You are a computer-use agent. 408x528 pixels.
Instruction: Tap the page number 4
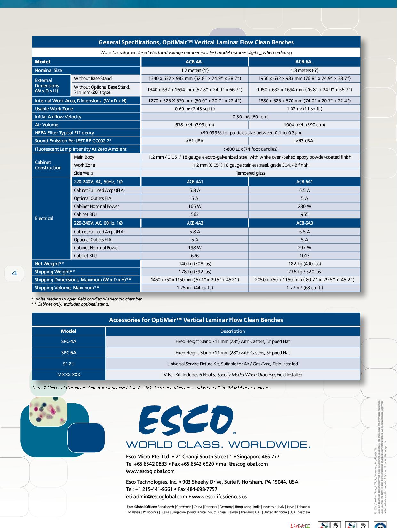click(x=14, y=273)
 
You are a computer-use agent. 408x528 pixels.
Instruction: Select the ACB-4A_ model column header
click(x=195, y=62)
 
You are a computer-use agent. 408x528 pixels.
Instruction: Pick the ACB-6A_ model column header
click(x=304, y=62)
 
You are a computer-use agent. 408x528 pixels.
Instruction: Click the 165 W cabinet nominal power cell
click(x=195, y=206)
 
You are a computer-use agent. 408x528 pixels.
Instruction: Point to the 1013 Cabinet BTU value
click(x=304, y=256)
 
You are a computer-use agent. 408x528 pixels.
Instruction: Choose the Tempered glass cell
click(x=251, y=173)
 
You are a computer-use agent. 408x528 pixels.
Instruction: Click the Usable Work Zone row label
click(x=54, y=109)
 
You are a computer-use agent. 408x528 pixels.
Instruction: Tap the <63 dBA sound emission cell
click(x=304, y=141)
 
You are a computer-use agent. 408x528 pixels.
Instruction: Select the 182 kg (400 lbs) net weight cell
click(x=304, y=264)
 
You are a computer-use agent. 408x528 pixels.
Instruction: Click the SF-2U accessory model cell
click(x=68, y=364)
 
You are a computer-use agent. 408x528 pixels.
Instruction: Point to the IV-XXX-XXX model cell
click(x=68, y=375)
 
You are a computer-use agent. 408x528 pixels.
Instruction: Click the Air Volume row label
click(x=47, y=125)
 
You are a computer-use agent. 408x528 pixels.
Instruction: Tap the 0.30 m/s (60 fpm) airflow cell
click(x=251, y=117)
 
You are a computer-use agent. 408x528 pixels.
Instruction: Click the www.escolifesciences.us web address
click(x=219, y=497)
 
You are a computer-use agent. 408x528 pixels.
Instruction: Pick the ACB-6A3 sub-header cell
click(x=304, y=223)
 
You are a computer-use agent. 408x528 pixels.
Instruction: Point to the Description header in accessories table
click(x=233, y=331)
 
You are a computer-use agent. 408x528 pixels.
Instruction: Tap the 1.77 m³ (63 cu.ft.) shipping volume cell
click(x=304, y=288)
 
